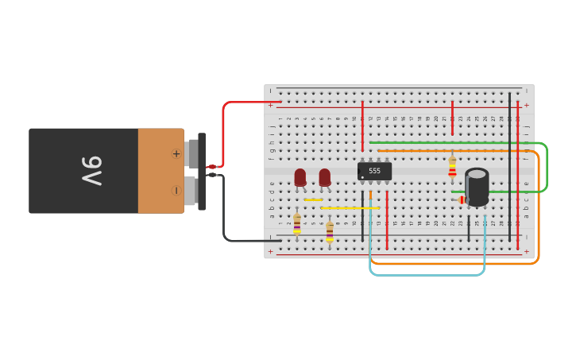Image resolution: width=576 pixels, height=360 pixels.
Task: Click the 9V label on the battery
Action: (92, 171)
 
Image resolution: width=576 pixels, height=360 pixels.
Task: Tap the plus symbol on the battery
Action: (176, 153)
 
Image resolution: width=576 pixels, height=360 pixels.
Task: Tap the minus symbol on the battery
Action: (176, 191)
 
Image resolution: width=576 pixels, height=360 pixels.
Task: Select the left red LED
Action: (300, 177)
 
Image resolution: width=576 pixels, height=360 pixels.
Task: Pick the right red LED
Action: (324, 177)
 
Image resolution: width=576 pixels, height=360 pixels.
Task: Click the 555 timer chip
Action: (374, 171)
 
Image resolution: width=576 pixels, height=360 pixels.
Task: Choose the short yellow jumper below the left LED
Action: (313, 199)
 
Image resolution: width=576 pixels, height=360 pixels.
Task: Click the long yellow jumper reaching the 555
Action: (350, 208)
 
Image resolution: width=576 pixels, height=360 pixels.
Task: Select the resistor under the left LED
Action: (297, 224)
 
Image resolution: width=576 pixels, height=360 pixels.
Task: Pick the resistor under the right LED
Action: (330, 231)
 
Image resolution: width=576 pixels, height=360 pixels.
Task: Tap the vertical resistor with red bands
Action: (452, 168)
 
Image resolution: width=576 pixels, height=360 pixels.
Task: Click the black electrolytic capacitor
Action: (477, 186)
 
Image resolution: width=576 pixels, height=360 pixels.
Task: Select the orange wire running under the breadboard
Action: (453, 263)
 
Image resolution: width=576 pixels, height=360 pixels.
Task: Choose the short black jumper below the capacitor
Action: (468, 228)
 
